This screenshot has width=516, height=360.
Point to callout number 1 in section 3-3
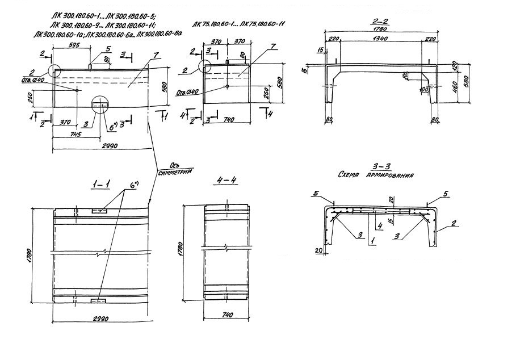371,241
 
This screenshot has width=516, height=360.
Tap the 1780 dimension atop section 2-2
379,30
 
